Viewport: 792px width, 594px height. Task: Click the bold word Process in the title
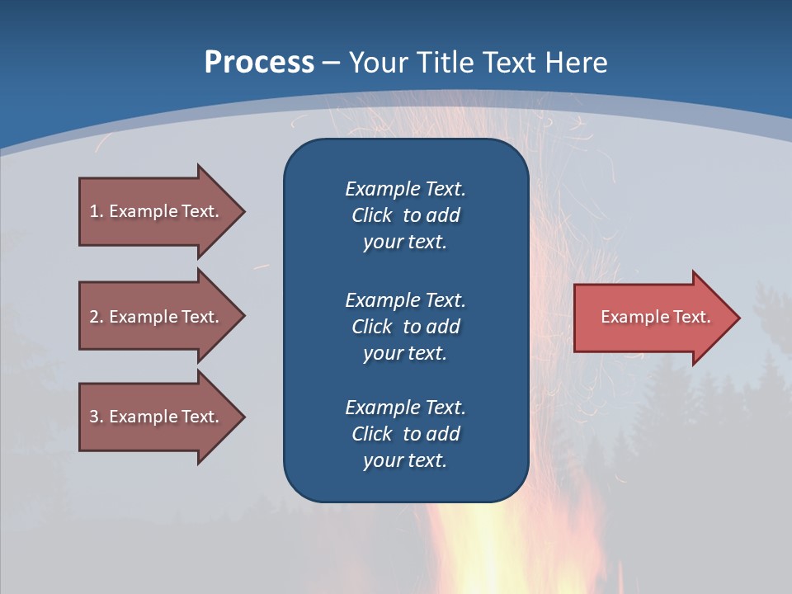[x=259, y=63]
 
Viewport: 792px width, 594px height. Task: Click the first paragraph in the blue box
[x=405, y=215]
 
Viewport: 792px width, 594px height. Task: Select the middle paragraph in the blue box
[x=405, y=326]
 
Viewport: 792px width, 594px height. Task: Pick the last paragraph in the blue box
[x=405, y=434]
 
